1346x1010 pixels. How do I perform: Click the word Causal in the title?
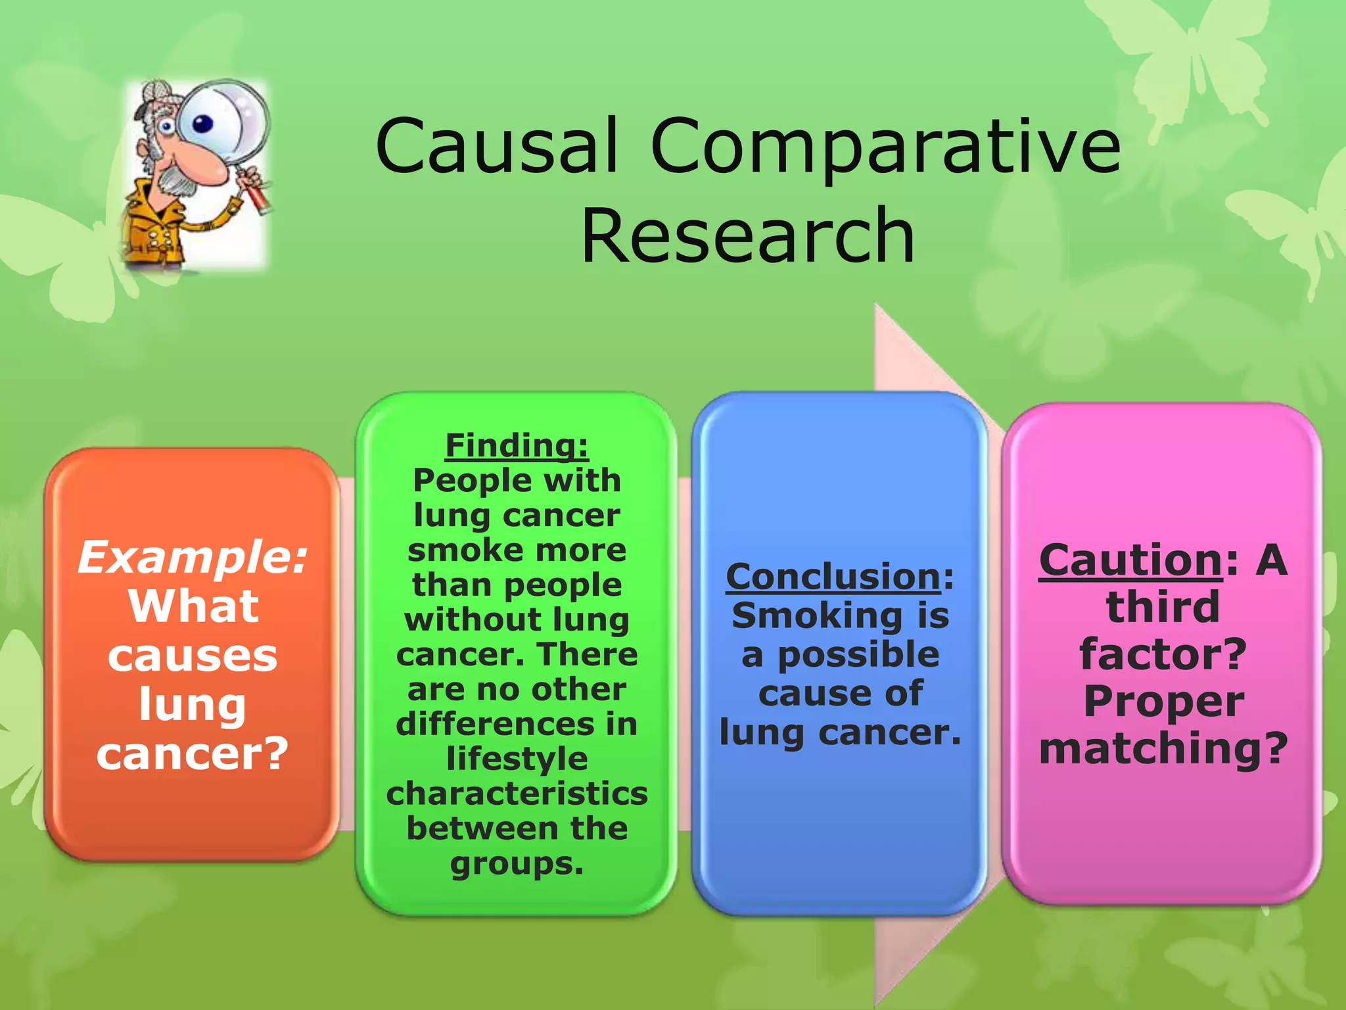pyautogui.click(x=498, y=146)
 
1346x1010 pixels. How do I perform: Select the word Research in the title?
pyautogui.click(x=747, y=235)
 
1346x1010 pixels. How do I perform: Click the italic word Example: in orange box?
pyautogui.click(x=193, y=558)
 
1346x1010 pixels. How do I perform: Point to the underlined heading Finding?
pyautogui.click(x=517, y=445)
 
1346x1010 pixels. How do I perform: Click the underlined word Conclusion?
pyautogui.click(x=833, y=577)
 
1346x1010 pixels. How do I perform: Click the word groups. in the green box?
pyautogui.click(x=517, y=864)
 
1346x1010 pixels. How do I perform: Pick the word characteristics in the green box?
pyautogui.click(x=517, y=794)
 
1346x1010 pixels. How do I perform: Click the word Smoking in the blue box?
pyautogui.click(x=817, y=616)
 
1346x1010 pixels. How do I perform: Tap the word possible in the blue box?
pyautogui.click(x=859, y=655)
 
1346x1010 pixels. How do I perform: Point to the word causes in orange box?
pyautogui.click(x=193, y=656)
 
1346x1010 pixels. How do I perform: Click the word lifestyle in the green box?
pyautogui.click(x=517, y=759)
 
